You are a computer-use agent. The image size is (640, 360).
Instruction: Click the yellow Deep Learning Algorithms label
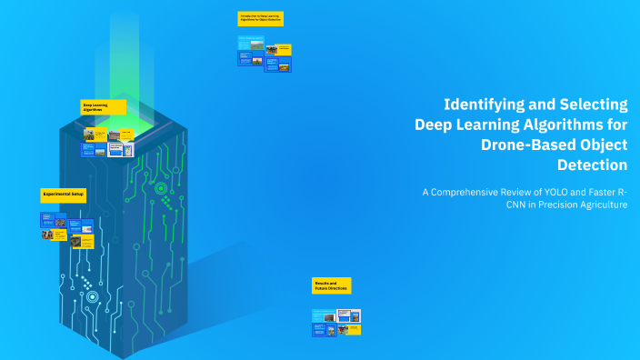point(103,107)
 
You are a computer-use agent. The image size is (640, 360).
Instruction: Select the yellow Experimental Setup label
point(63,195)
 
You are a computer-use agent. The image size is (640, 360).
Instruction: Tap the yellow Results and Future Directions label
point(331,286)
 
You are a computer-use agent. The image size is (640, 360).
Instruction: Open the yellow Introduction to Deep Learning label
point(260,18)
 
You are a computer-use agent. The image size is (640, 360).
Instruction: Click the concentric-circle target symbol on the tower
point(161,189)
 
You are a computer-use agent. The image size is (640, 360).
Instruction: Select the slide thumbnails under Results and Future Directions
point(336,322)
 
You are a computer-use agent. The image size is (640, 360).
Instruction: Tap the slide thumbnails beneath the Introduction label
point(265,54)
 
